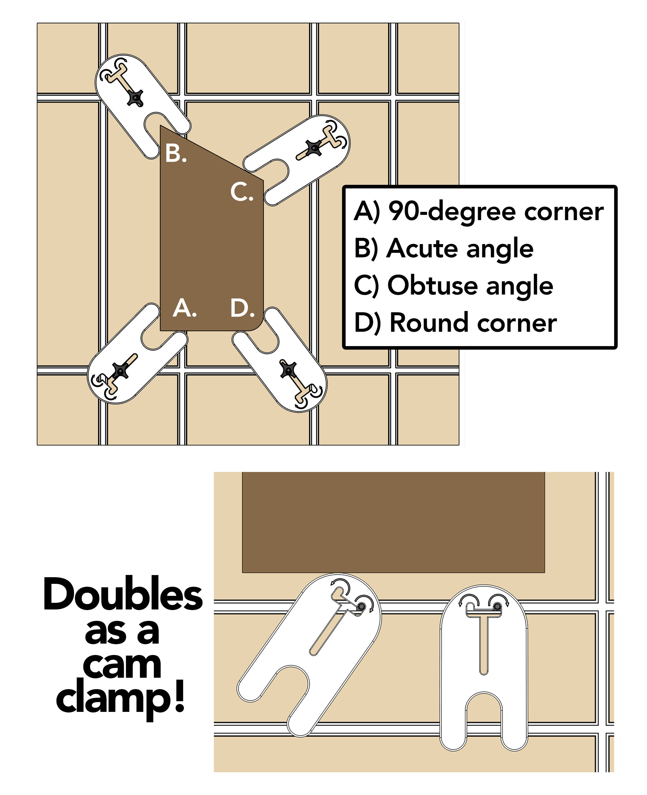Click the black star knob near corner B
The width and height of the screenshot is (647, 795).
point(135,98)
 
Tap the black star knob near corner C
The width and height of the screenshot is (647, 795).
point(314,148)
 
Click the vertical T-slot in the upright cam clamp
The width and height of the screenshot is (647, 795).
point(483,645)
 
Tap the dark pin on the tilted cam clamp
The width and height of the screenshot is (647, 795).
point(360,607)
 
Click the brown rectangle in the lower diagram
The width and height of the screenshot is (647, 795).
point(393,522)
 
